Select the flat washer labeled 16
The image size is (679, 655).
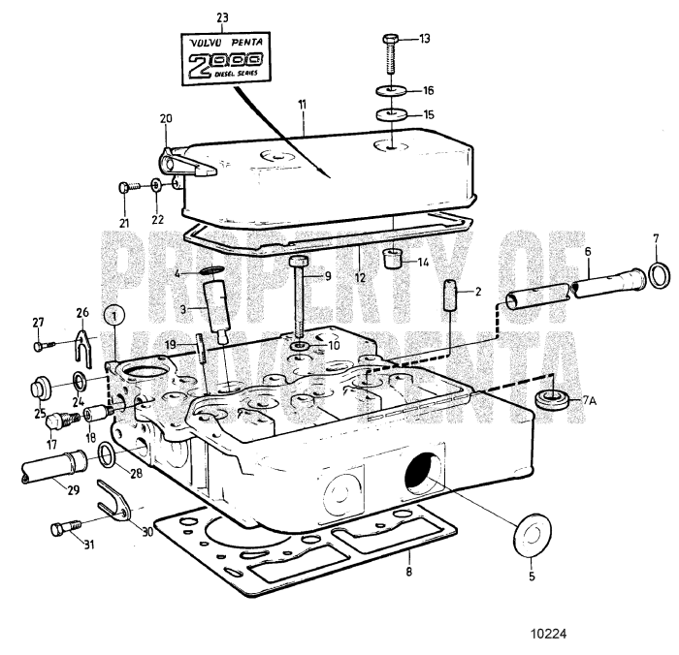(x=391, y=92)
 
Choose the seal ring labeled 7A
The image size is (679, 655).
(x=555, y=399)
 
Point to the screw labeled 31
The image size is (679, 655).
(x=62, y=528)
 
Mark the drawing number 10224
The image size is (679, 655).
(x=547, y=636)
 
